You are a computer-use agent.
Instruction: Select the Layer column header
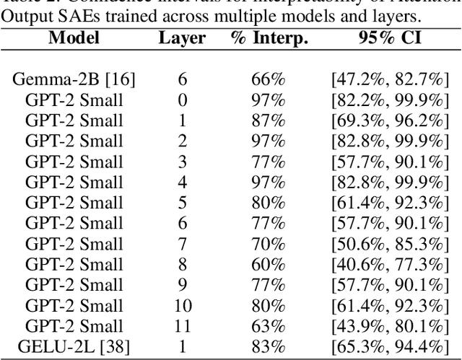182,38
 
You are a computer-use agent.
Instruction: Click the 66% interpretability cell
268,79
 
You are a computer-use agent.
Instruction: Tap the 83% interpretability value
268,346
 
